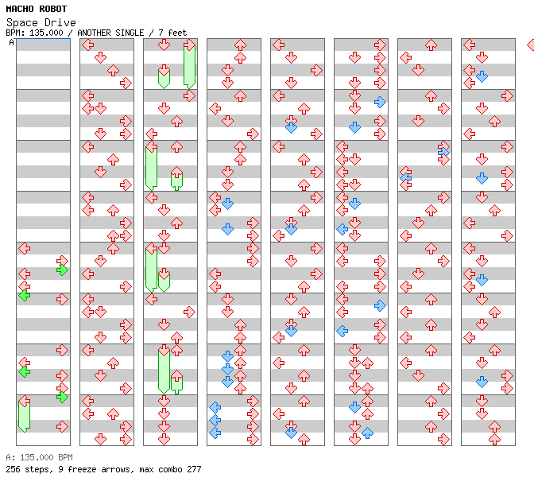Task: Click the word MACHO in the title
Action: (x=19, y=9)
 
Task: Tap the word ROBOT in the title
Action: (x=52, y=9)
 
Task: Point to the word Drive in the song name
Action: (x=62, y=22)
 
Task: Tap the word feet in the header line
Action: (x=176, y=33)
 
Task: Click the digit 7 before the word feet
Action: (x=159, y=33)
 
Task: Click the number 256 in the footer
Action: (x=13, y=469)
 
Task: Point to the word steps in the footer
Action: (x=38, y=469)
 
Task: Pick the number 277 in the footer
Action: (x=193, y=469)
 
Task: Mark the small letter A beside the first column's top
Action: (x=12, y=42)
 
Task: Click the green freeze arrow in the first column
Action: (x=24, y=415)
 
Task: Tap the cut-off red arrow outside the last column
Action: (x=530, y=45)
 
